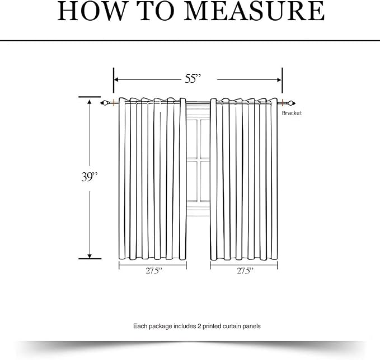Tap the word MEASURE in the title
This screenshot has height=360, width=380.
[254, 11]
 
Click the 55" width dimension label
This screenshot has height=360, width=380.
[193, 78]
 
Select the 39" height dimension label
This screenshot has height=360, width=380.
[89, 177]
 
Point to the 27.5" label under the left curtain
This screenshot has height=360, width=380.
[154, 271]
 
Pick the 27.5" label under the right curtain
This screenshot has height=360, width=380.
[245, 271]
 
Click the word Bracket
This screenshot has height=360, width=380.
[292, 113]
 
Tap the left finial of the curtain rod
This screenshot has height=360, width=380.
[104, 103]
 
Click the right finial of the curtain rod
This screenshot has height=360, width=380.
[292, 103]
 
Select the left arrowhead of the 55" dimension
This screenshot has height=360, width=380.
[116, 79]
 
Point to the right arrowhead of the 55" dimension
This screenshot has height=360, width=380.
[279, 79]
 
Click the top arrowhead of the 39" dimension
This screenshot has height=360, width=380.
[90, 102]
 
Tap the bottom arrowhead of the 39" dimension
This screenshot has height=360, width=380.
[90, 256]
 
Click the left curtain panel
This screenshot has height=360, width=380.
[152, 179]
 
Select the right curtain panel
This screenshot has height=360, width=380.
[244, 179]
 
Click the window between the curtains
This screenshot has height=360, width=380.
[198, 160]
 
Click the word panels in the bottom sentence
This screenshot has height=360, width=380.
[252, 326]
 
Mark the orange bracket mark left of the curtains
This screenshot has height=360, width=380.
[114, 103]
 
